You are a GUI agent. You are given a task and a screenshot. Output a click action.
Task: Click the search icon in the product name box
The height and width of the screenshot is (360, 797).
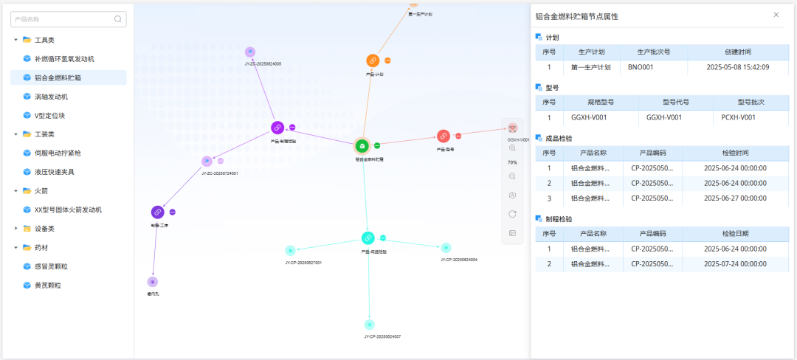pos(117,19)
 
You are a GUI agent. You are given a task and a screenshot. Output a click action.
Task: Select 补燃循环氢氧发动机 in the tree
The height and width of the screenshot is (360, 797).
pos(64,58)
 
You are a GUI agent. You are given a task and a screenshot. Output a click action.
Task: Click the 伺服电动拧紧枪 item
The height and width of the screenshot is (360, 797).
pos(58,153)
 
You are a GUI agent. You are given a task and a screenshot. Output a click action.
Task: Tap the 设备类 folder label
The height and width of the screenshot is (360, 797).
pos(46,229)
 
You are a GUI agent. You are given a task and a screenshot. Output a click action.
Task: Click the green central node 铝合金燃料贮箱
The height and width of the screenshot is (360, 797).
pos(362,145)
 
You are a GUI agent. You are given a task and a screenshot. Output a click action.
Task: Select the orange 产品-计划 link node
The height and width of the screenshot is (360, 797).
pos(373,60)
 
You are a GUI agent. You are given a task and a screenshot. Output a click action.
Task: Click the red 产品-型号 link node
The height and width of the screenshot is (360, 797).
pos(444,136)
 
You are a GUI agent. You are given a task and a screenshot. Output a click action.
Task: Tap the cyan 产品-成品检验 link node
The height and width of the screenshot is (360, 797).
pos(368,238)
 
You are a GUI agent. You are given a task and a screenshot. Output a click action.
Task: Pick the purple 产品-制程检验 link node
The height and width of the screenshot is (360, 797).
pos(277,128)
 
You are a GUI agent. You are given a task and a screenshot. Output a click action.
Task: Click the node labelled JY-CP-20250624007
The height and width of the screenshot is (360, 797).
pos(369,325)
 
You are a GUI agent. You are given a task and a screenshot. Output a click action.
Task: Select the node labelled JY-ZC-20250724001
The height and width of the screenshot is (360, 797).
pos(207,161)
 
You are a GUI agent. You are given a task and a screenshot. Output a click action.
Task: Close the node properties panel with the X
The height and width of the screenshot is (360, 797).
pos(776,15)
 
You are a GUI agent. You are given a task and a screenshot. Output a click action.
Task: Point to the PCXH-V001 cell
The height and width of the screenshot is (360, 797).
pos(738,117)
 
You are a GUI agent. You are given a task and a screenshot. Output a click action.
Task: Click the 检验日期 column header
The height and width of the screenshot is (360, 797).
pos(735,234)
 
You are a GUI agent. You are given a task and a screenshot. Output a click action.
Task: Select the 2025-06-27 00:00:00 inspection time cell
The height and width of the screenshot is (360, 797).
pos(735,198)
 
